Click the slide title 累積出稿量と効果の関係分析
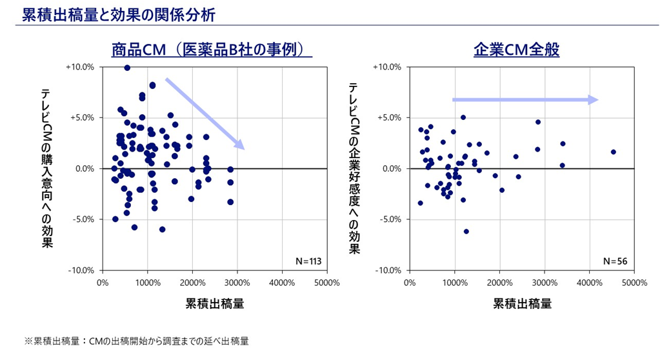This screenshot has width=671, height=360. (x=118, y=14)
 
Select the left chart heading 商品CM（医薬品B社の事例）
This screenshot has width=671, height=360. (x=212, y=50)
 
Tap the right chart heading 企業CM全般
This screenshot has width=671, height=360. (x=516, y=50)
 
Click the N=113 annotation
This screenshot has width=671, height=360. (x=308, y=261)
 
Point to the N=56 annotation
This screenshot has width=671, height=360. (x=615, y=261)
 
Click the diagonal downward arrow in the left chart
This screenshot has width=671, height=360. (x=205, y=114)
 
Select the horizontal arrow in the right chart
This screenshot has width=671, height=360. (x=525, y=99)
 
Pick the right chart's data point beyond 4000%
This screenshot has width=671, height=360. (x=613, y=152)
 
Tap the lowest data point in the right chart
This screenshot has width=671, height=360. (x=466, y=231)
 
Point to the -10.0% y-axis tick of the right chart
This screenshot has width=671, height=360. (x=389, y=270)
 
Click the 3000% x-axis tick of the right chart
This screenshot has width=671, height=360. (x=544, y=283)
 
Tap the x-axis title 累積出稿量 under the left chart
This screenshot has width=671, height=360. (x=215, y=303)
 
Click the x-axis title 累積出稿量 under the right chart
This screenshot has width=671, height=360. (x=522, y=303)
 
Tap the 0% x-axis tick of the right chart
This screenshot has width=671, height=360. (x=410, y=283)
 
